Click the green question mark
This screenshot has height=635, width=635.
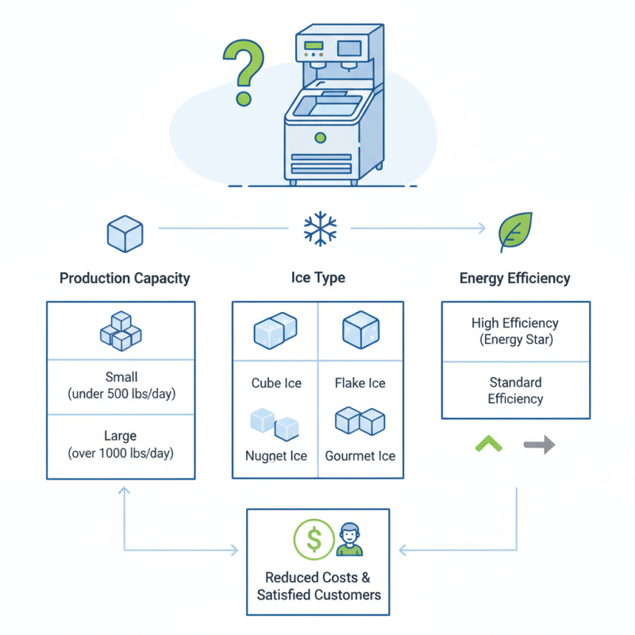point(243,73)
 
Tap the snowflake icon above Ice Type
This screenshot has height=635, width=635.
point(320,229)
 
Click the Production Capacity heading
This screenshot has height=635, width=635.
point(125,279)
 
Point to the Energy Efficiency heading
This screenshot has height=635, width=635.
point(514,279)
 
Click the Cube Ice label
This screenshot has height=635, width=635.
point(276,383)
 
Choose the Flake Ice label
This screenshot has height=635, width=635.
point(360,383)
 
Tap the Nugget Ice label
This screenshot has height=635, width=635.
point(276,456)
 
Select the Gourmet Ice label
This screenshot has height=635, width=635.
point(360,456)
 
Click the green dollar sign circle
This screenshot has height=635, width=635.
point(314,540)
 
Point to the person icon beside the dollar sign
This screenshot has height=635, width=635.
point(348,540)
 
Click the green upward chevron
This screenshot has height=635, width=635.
point(489,444)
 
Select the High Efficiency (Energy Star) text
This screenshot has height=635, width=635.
point(514,331)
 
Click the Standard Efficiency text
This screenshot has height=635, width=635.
point(514,391)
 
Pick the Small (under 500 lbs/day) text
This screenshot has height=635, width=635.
point(121,386)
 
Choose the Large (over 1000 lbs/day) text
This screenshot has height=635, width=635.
point(121,444)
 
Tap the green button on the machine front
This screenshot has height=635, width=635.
point(320,137)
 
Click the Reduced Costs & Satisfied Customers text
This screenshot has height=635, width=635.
point(318,586)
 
